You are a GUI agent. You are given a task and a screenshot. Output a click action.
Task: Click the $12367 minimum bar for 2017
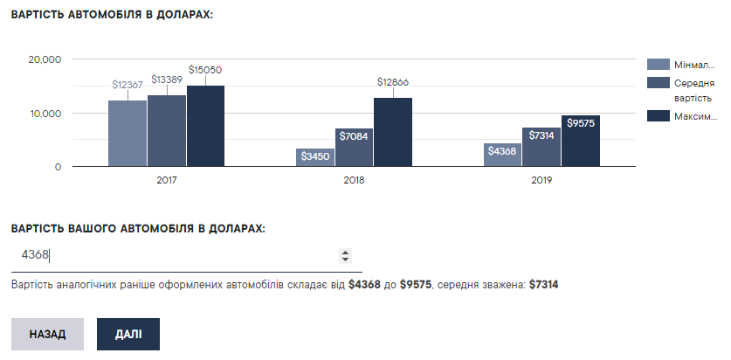click(128, 133)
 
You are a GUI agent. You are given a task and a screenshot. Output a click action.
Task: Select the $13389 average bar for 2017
click(167, 130)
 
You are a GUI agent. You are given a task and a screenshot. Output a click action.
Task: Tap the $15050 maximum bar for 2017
click(206, 126)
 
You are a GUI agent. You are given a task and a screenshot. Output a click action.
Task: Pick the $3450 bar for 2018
click(315, 157)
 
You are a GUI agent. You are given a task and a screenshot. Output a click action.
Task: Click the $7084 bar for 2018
click(355, 148)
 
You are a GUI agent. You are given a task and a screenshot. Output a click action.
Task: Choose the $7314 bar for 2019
click(541, 147)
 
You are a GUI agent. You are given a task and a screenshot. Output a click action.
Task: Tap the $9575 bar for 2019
click(581, 141)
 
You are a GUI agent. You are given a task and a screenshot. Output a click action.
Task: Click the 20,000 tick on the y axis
click(45, 59)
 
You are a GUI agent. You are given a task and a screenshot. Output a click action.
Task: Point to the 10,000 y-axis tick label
click(45, 114)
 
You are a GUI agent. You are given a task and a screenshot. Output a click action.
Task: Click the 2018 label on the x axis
click(355, 180)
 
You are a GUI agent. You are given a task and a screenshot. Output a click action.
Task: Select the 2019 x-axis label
click(541, 180)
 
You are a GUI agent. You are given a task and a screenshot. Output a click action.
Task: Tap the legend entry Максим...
click(695, 116)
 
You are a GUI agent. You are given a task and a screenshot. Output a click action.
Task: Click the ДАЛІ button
click(128, 334)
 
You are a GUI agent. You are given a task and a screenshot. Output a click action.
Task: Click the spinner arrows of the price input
click(345, 256)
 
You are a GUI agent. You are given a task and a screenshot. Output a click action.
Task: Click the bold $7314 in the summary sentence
click(543, 285)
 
